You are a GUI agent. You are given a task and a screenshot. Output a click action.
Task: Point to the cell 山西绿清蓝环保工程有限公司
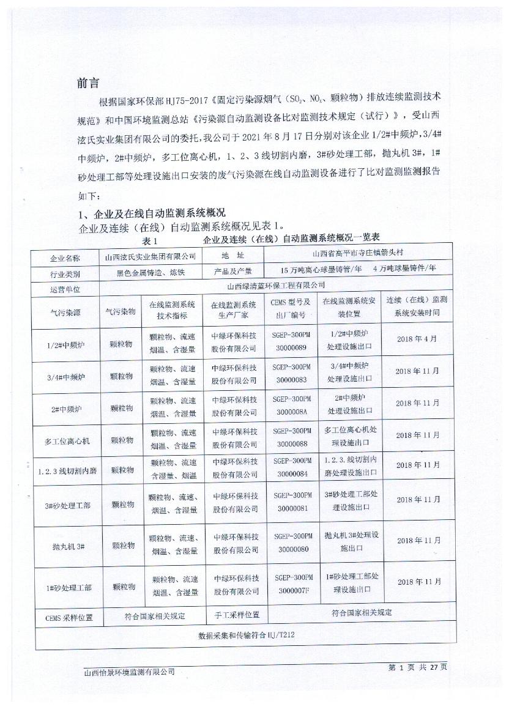click(275, 285)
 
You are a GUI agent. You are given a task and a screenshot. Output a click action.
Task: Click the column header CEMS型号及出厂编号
click(291, 308)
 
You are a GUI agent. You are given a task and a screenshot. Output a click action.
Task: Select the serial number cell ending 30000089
click(291, 341)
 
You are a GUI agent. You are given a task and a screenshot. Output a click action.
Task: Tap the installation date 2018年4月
click(417, 338)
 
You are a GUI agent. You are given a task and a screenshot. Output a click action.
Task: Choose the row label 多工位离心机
click(67, 440)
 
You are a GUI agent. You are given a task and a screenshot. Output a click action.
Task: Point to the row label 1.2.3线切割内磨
click(67, 470)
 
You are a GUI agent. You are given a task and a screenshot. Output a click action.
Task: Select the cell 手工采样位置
click(236, 615)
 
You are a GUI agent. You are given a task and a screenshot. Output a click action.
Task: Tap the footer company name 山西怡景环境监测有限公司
click(129, 672)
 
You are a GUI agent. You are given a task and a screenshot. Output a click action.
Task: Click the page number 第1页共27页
click(418, 667)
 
